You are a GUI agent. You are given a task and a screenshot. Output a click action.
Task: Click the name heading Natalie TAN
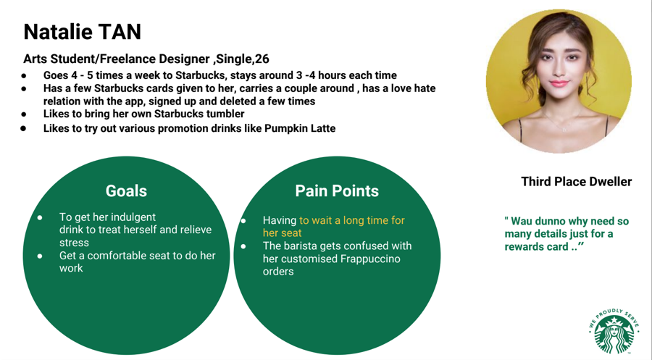pyautogui.click(x=83, y=32)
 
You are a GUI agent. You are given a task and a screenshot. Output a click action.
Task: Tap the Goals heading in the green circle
pyautogui.click(x=126, y=191)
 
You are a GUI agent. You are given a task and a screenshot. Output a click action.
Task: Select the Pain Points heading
pyautogui.click(x=337, y=191)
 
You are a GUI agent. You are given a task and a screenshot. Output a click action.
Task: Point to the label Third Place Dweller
pyautogui.click(x=577, y=182)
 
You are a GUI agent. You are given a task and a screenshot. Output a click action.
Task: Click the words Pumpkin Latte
pyautogui.click(x=300, y=128)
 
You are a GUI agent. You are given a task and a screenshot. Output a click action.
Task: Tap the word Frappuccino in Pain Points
pyautogui.click(x=370, y=259)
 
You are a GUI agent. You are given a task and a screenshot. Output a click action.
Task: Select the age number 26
pyautogui.click(x=262, y=59)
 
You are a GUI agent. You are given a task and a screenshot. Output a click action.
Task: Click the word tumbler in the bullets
pyautogui.click(x=225, y=114)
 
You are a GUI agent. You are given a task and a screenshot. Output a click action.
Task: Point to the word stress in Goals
pyautogui.click(x=74, y=243)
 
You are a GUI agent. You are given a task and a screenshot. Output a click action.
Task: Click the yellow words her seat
pyautogui.click(x=282, y=233)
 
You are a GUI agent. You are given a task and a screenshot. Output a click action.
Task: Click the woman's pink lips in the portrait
pyautogui.click(x=558, y=83)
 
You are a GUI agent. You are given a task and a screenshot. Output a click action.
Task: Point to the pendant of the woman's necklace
pyautogui.click(x=564, y=130)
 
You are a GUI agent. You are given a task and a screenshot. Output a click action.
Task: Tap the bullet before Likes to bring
pyautogui.click(x=24, y=114)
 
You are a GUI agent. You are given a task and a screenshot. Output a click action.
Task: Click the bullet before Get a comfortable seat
pyautogui.click(x=40, y=256)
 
